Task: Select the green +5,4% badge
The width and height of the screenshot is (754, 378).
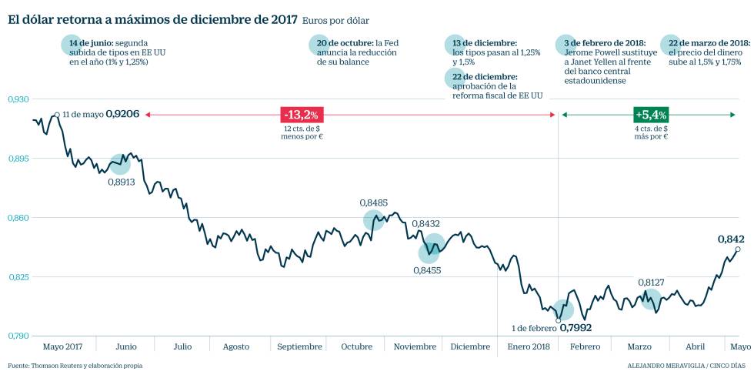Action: coord(650,115)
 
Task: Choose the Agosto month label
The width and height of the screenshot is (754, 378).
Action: coord(236,346)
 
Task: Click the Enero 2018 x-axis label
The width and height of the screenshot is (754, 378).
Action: coord(529,346)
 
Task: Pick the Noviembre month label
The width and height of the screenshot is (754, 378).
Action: coord(415,346)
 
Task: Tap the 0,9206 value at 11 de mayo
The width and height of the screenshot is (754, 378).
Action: coord(122,114)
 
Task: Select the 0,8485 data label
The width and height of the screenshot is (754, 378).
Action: coord(373,202)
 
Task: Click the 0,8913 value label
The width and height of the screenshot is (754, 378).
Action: coord(122,182)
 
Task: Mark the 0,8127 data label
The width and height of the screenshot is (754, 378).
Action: coord(651,283)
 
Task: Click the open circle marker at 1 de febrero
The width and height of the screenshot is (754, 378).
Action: coord(559,320)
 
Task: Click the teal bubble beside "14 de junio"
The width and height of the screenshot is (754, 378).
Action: coord(72,45)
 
